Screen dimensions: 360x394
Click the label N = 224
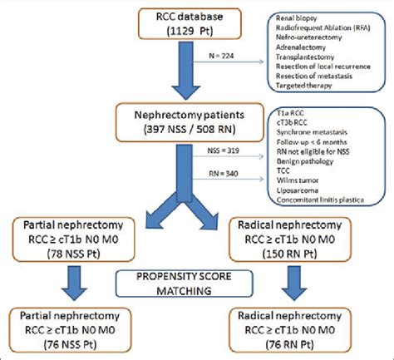pyautogui.click(x=213, y=57)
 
